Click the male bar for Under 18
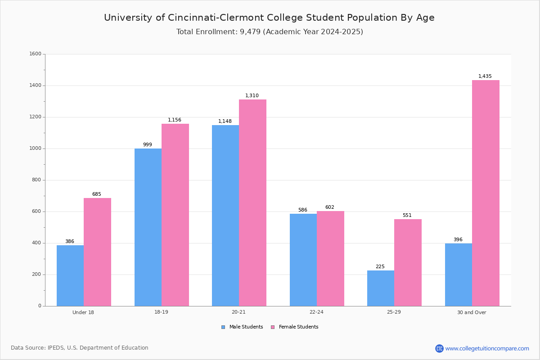(x=70, y=275)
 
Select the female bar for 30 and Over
(x=486, y=193)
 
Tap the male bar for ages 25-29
(x=381, y=288)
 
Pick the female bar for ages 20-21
(x=252, y=203)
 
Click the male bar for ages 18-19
(x=148, y=227)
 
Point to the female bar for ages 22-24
(x=330, y=259)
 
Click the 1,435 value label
(x=485, y=76)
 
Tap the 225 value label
(x=380, y=266)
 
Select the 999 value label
(x=148, y=144)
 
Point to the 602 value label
(x=330, y=207)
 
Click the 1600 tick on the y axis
(x=36, y=54)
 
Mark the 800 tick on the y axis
(x=36, y=180)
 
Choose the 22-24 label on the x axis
(x=316, y=312)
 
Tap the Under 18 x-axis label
(x=83, y=312)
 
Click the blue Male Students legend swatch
(x=223, y=327)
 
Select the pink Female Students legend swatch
(x=273, y=327)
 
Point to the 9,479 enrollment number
(x=250, y=32)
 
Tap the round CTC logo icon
(x=440, y=348)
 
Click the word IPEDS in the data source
(x=56, y=348)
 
